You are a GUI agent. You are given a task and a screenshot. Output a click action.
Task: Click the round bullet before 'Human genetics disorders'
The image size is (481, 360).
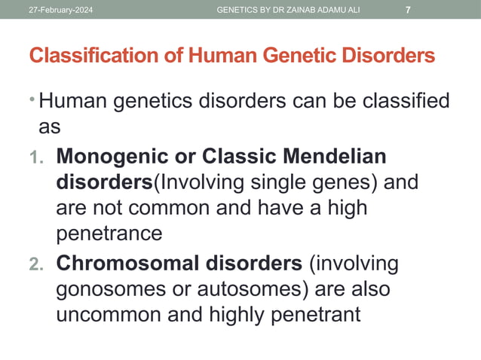coord(32,98)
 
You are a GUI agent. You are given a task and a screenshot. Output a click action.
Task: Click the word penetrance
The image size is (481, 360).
coord(109,233)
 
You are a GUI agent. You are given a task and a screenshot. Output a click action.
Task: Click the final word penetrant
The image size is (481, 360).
coord(307,315)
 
